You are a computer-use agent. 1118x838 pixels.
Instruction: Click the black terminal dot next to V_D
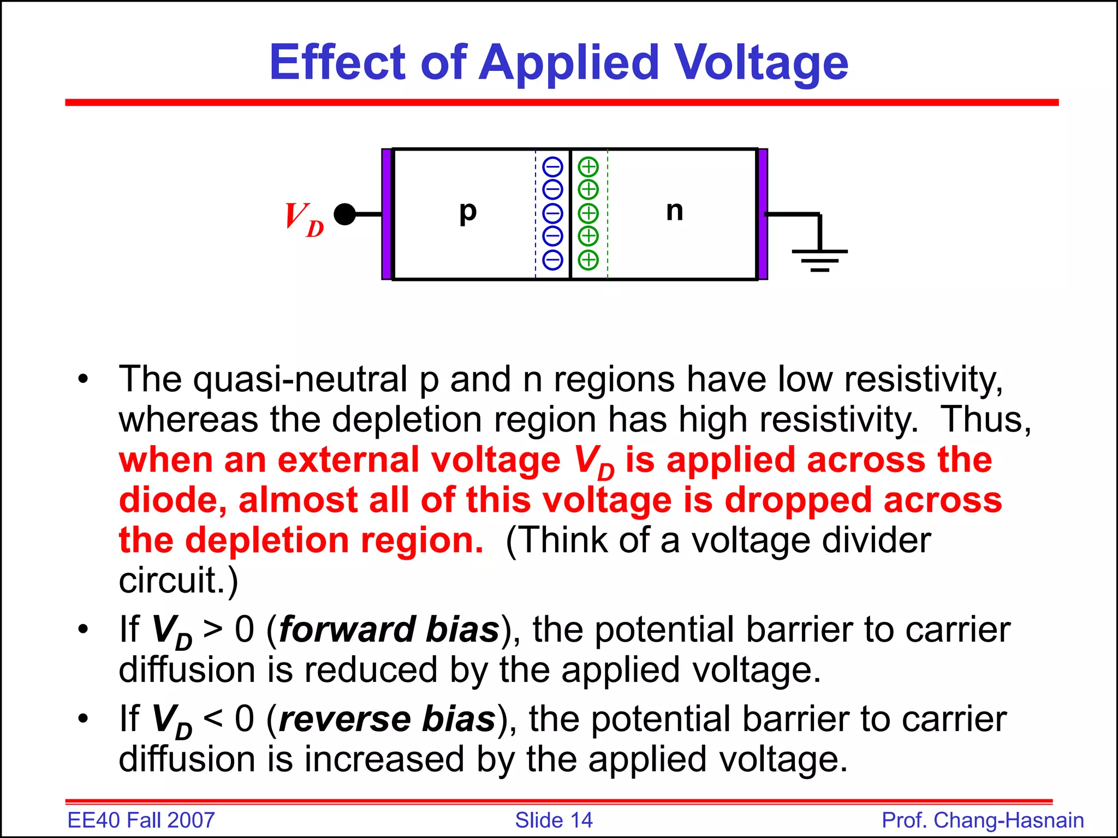[344, 214]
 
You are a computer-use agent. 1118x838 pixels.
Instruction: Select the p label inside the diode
[468, 211]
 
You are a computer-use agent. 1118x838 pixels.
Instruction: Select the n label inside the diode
[674, 211]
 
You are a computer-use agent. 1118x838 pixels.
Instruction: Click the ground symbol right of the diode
[819, 256]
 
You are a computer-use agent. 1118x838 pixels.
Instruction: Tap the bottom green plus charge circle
[588, 260]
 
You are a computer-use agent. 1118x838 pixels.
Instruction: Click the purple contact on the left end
[386, 214]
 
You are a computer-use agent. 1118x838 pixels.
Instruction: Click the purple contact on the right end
[763, 214]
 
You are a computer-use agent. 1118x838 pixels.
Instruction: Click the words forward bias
[389, 630]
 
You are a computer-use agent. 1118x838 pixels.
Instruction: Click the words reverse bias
[387, 720]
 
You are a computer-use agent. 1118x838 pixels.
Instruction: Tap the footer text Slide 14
[554, 821]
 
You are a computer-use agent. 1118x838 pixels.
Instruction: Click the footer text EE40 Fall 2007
[141, 821]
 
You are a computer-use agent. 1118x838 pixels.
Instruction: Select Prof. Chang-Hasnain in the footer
[983, 821]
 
